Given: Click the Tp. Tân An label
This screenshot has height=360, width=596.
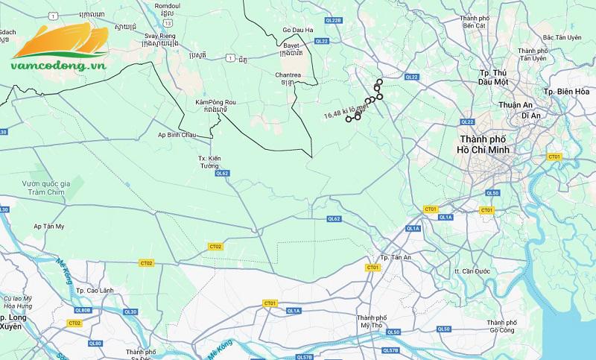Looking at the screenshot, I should pos(396,258).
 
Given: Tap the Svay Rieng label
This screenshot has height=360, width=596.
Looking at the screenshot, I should pos(160,36).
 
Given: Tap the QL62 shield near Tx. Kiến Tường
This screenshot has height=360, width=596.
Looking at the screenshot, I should pos(222,173).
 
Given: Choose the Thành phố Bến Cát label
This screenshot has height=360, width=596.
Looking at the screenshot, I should pos(478,22).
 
